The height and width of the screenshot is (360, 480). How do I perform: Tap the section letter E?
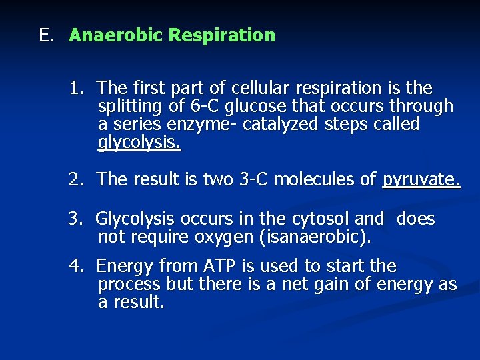(45, 35)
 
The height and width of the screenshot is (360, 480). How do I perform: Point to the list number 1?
(77, 88)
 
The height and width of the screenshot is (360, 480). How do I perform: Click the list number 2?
(77, 179)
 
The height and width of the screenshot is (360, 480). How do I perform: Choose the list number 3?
(77, 219)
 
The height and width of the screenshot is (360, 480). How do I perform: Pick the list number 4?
(77, 267)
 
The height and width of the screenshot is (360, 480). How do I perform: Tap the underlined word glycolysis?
(139, 143)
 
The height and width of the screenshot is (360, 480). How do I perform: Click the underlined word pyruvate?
(421, 179)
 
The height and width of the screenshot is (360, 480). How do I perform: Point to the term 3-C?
(254, 179)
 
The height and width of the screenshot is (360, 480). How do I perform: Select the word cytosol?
(322, 219)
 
